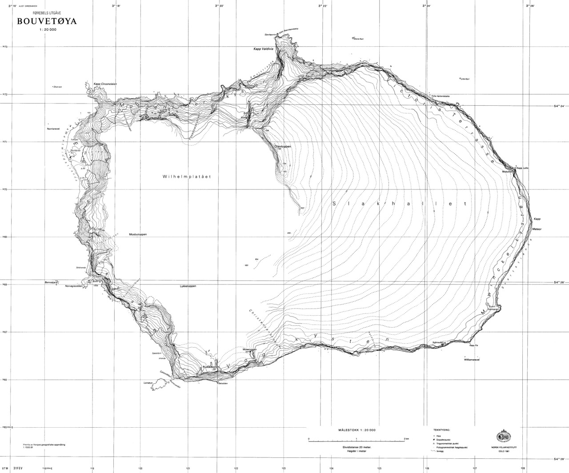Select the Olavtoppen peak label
click(x=283, y=145)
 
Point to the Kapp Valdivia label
click(x=257, y=49)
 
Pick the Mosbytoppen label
click(x=138, y=234)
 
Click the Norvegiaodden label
click(x=74, y=286)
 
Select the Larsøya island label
click(x=148, y=382)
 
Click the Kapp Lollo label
click(x=522, y=168)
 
